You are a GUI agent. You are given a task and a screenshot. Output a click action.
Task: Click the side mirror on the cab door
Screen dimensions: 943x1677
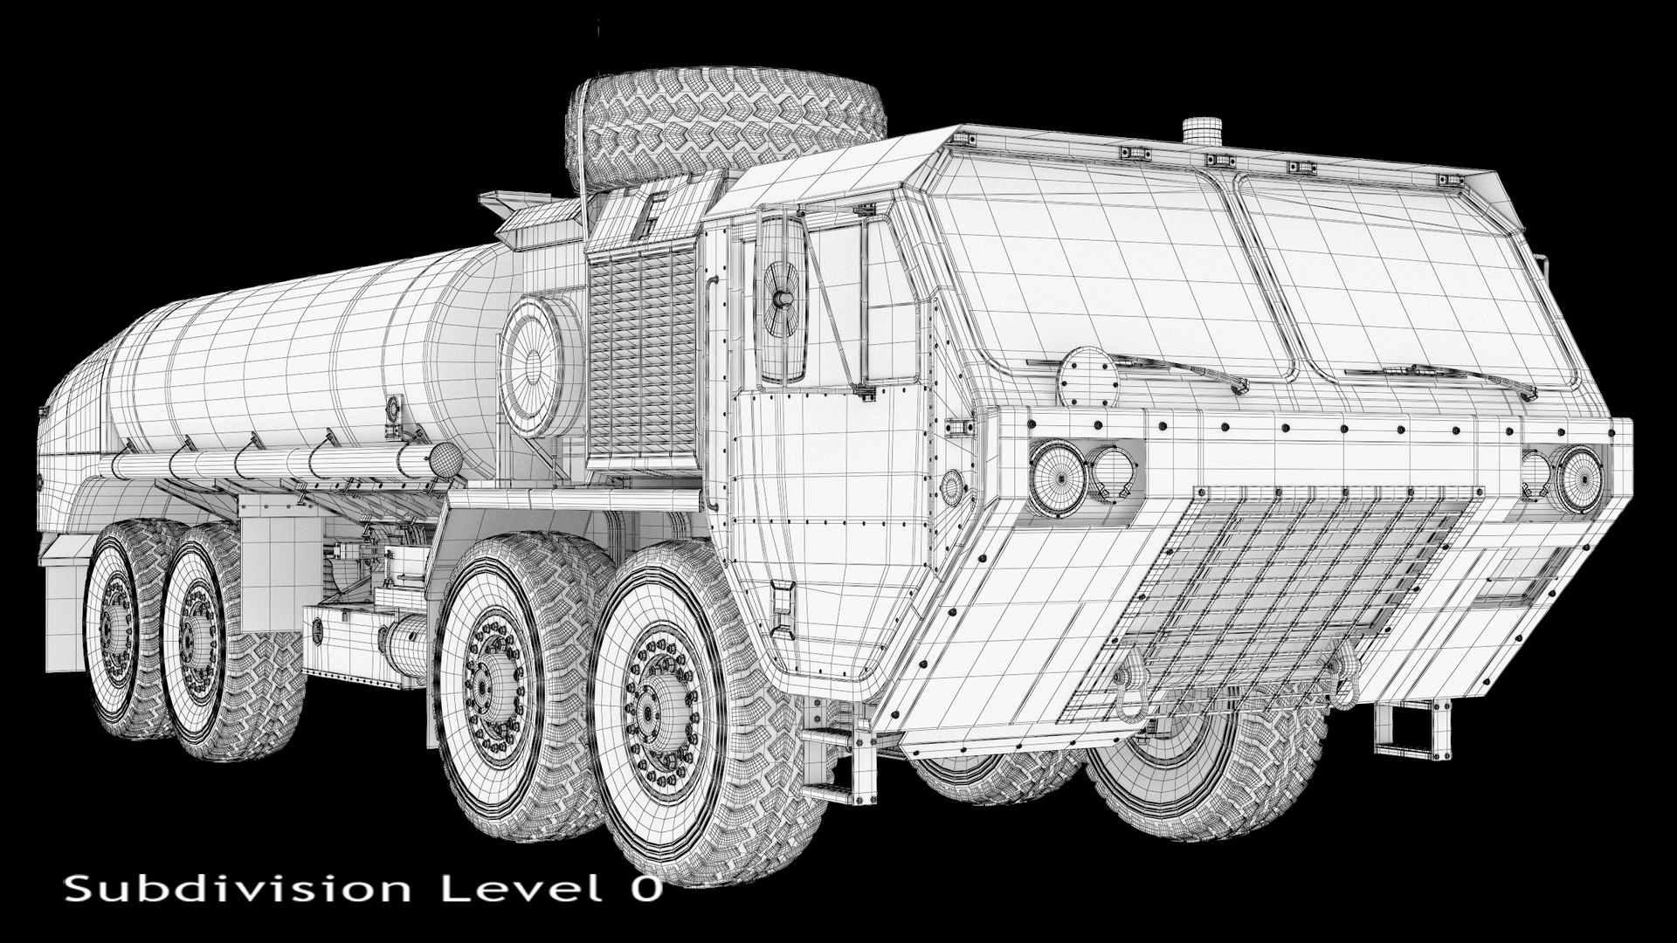tap(782, 297)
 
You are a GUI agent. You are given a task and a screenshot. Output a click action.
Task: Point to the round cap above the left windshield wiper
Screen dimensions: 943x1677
tap(1087, 375)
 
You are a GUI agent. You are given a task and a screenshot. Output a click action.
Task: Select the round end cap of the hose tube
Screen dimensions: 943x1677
tap(445, 458)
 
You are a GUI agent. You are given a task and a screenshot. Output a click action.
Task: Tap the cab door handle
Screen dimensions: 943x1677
tap(783, 602)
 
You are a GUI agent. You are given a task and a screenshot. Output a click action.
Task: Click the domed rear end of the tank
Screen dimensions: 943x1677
tap(66, 454)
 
